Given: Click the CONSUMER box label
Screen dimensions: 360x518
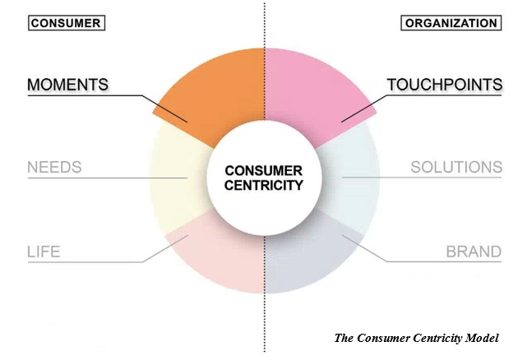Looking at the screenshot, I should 66,23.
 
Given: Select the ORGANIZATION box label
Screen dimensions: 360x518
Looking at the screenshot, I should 451,23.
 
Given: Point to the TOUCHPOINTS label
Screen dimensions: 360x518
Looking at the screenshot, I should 445,85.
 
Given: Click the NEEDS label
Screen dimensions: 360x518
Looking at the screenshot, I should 54,168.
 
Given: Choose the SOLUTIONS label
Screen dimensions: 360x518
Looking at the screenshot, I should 456,168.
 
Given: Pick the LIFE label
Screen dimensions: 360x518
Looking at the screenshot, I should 44,252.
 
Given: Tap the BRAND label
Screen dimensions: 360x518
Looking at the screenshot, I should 474,252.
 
